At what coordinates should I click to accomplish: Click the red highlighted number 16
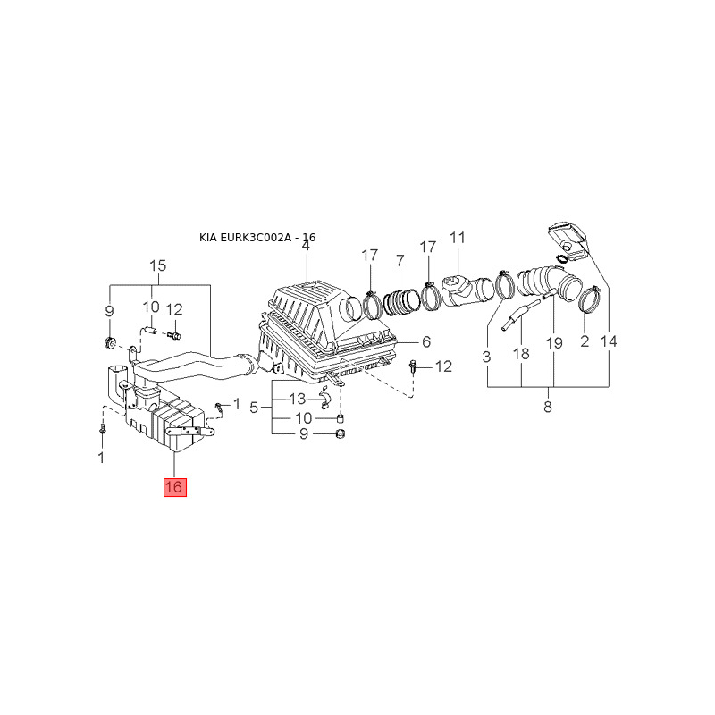click(x=173, y=487)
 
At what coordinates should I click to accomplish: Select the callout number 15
click(x=157, y=265)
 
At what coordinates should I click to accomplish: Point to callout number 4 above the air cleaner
click(x=305, y=246)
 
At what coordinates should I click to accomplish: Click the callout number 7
click(x=400, y=260)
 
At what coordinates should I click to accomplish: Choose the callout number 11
click(x=458, y=238)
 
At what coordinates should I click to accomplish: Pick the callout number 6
click(x=426, y=341)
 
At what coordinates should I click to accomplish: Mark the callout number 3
click(x=487, y=357)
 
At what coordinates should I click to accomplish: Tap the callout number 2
click(x=585, y=341)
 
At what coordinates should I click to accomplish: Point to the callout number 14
click(x=609, y=341)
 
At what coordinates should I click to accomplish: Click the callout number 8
click(x=547, y=408)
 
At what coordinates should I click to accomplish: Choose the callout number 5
click(x=254, y=408)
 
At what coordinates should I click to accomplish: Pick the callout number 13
click(x=297, y=399)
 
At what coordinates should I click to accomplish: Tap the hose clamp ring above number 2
click(x=588, y=299)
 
